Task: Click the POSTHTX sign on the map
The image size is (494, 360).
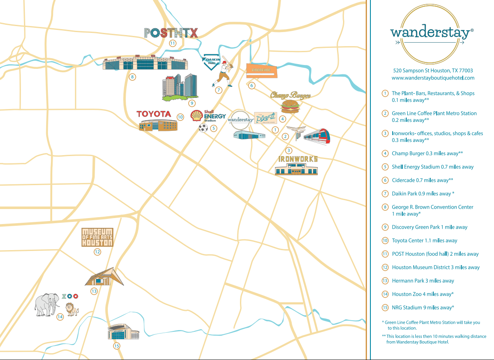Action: (x=171, y=33)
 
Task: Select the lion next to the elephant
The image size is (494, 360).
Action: (x=71, y=309)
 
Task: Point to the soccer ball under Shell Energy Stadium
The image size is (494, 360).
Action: (x=203, y=128)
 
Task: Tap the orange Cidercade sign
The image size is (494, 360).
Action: (x=262, y=71)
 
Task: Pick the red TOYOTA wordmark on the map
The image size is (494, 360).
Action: (x=154, y=114)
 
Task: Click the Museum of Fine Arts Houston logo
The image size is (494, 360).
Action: (x=98, y=237)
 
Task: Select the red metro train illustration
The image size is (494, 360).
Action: (x=317, y=136)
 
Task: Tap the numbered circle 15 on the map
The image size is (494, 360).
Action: (x=116, y=346)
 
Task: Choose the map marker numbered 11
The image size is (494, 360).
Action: (x=172, y=43)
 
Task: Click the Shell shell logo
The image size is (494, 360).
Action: (x=197, y=115)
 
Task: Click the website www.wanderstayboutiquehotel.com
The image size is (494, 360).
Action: (x=433, y=78)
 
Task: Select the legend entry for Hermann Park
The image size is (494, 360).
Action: (x=423, y=281)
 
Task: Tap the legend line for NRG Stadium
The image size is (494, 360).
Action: (x=423, y=307)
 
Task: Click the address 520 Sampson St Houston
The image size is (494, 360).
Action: (x=433, y=71)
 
